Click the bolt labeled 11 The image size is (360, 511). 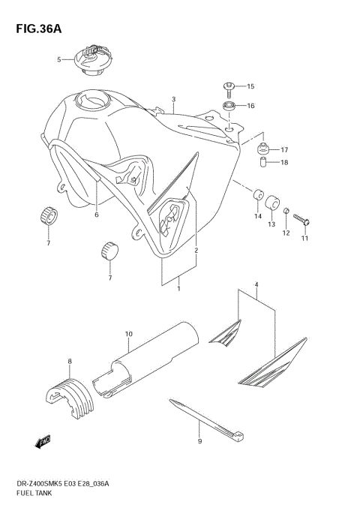coord(302,220)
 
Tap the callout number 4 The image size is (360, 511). coord(256,285)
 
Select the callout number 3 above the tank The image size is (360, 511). coord(173,99)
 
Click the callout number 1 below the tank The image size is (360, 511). coord(178,287)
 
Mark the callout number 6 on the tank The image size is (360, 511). coord(96,215)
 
